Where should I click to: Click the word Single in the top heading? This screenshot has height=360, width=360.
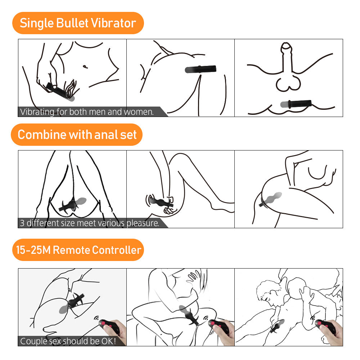[x=36, y=23]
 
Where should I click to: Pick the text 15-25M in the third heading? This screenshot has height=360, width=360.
[x=33, y=250]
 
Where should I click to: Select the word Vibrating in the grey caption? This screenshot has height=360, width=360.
[x=37, y=112]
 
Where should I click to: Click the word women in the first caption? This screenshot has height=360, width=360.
[x=139, y=112]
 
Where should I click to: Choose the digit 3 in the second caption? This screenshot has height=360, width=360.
[x=22, y=223]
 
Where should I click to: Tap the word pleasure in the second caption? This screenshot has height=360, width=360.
[x=143, y=223]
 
